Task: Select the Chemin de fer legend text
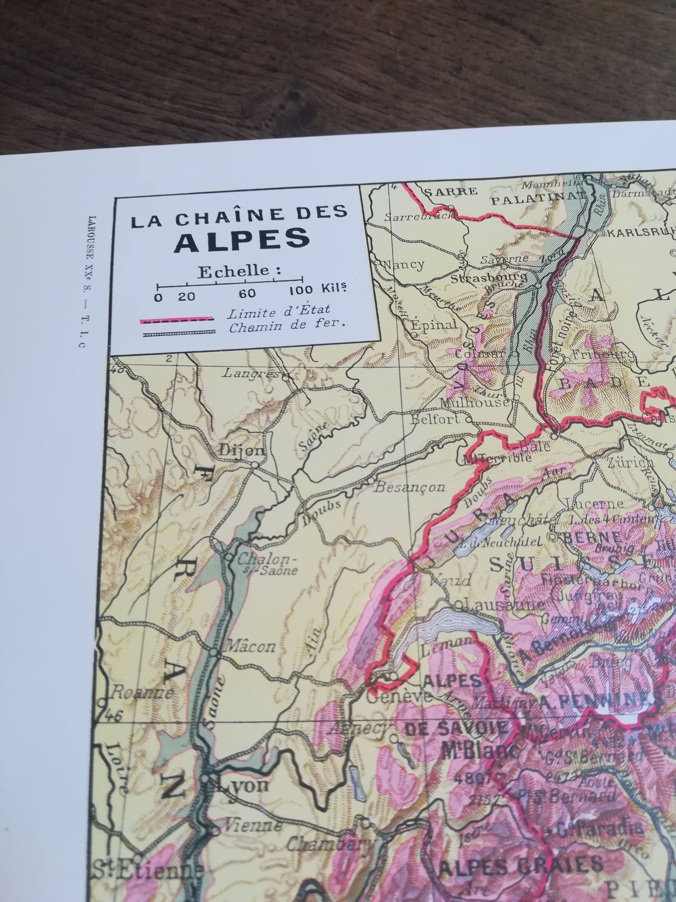click(287, 327)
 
